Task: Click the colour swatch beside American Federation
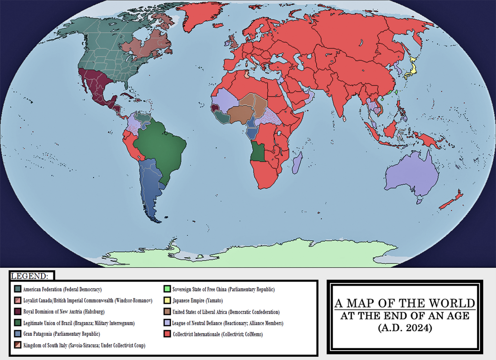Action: pos(18,290)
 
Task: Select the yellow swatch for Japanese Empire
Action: pos(167,301)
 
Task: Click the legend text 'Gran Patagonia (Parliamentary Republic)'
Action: pos(61,334)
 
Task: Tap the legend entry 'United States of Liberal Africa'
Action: pos(226,312)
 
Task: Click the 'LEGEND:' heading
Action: pos(30,276)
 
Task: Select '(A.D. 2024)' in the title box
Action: pos(404,327)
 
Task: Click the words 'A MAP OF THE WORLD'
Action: pos(404,303)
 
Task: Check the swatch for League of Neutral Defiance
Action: pos(167,324)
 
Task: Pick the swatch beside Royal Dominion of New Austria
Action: pos(18,312)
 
